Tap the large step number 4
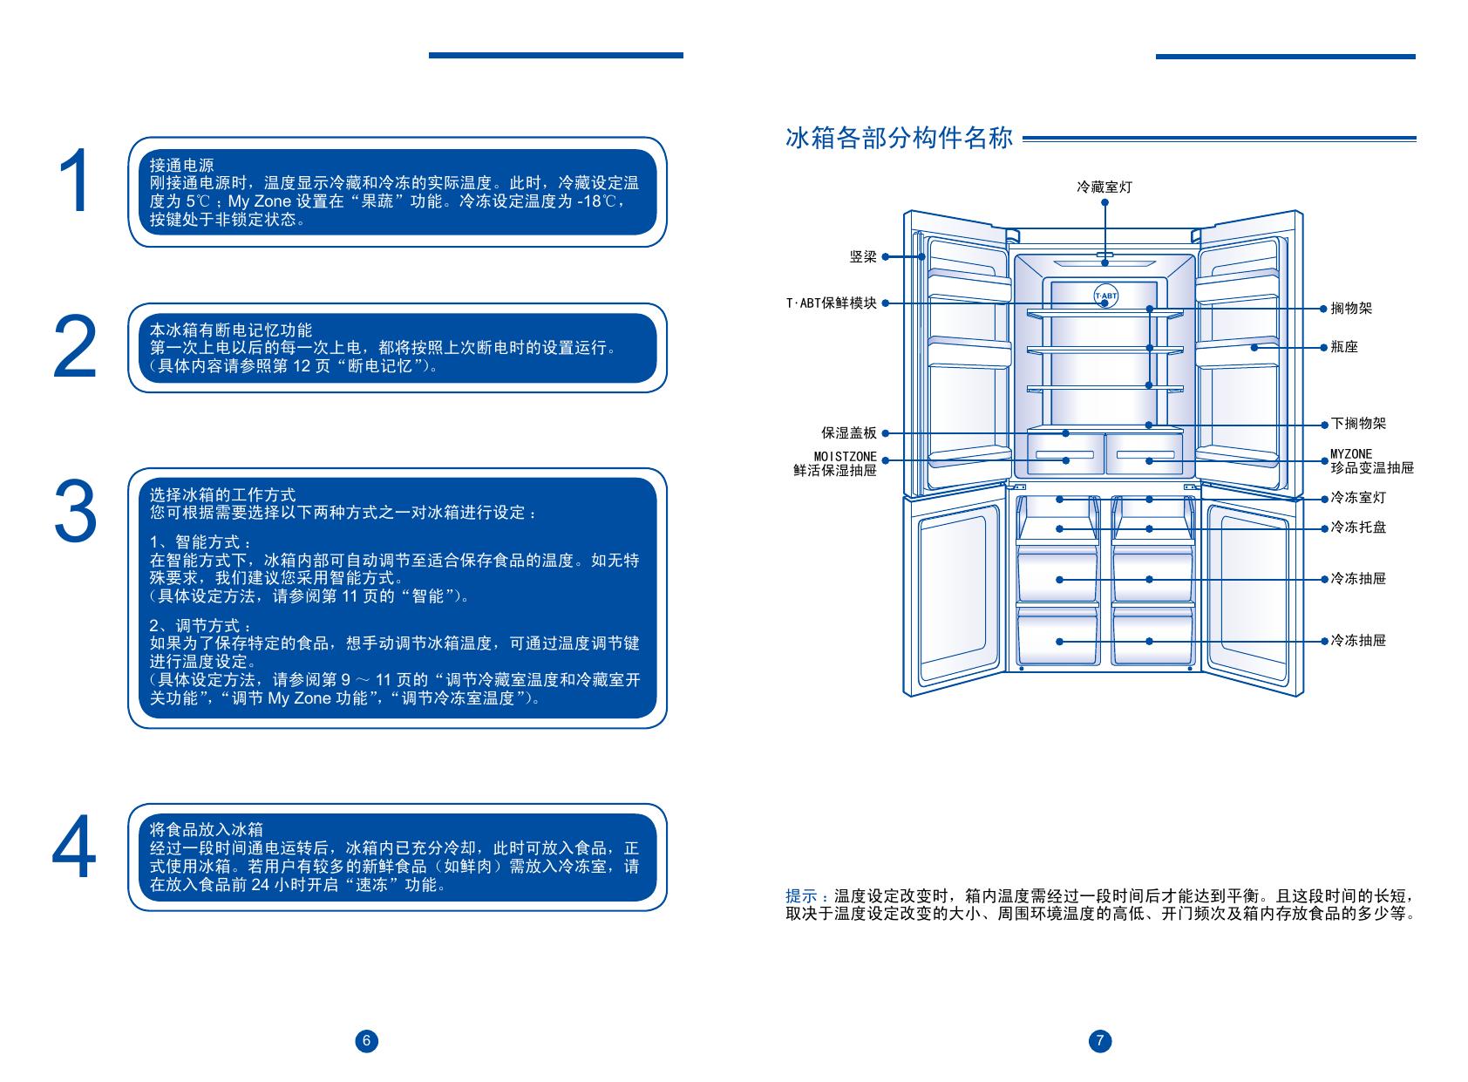(x=74, y=848)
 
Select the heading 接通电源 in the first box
(x=181, y=165)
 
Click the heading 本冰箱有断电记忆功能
(x=231, y=330)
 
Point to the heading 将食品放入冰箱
(x=206, y=829)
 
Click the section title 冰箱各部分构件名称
(x=899, y=139)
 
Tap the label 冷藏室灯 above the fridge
(x=1104, y=187)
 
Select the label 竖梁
(x=863, y=257)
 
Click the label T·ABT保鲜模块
(x=831, y=303)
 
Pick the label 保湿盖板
(x=849, y=433)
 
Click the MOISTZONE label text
(x=845, y=456)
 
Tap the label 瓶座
(x=1344, y=347)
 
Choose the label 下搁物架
(x=1358, y=424)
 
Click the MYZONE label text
(x=1350, y=454)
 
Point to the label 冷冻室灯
(x=1358, y=498)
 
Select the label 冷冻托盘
(x=1358, y=527)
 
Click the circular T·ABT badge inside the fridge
(x=1105, y=296)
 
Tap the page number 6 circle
(x=367, y=1040)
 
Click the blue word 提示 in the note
(x=800, y=896)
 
